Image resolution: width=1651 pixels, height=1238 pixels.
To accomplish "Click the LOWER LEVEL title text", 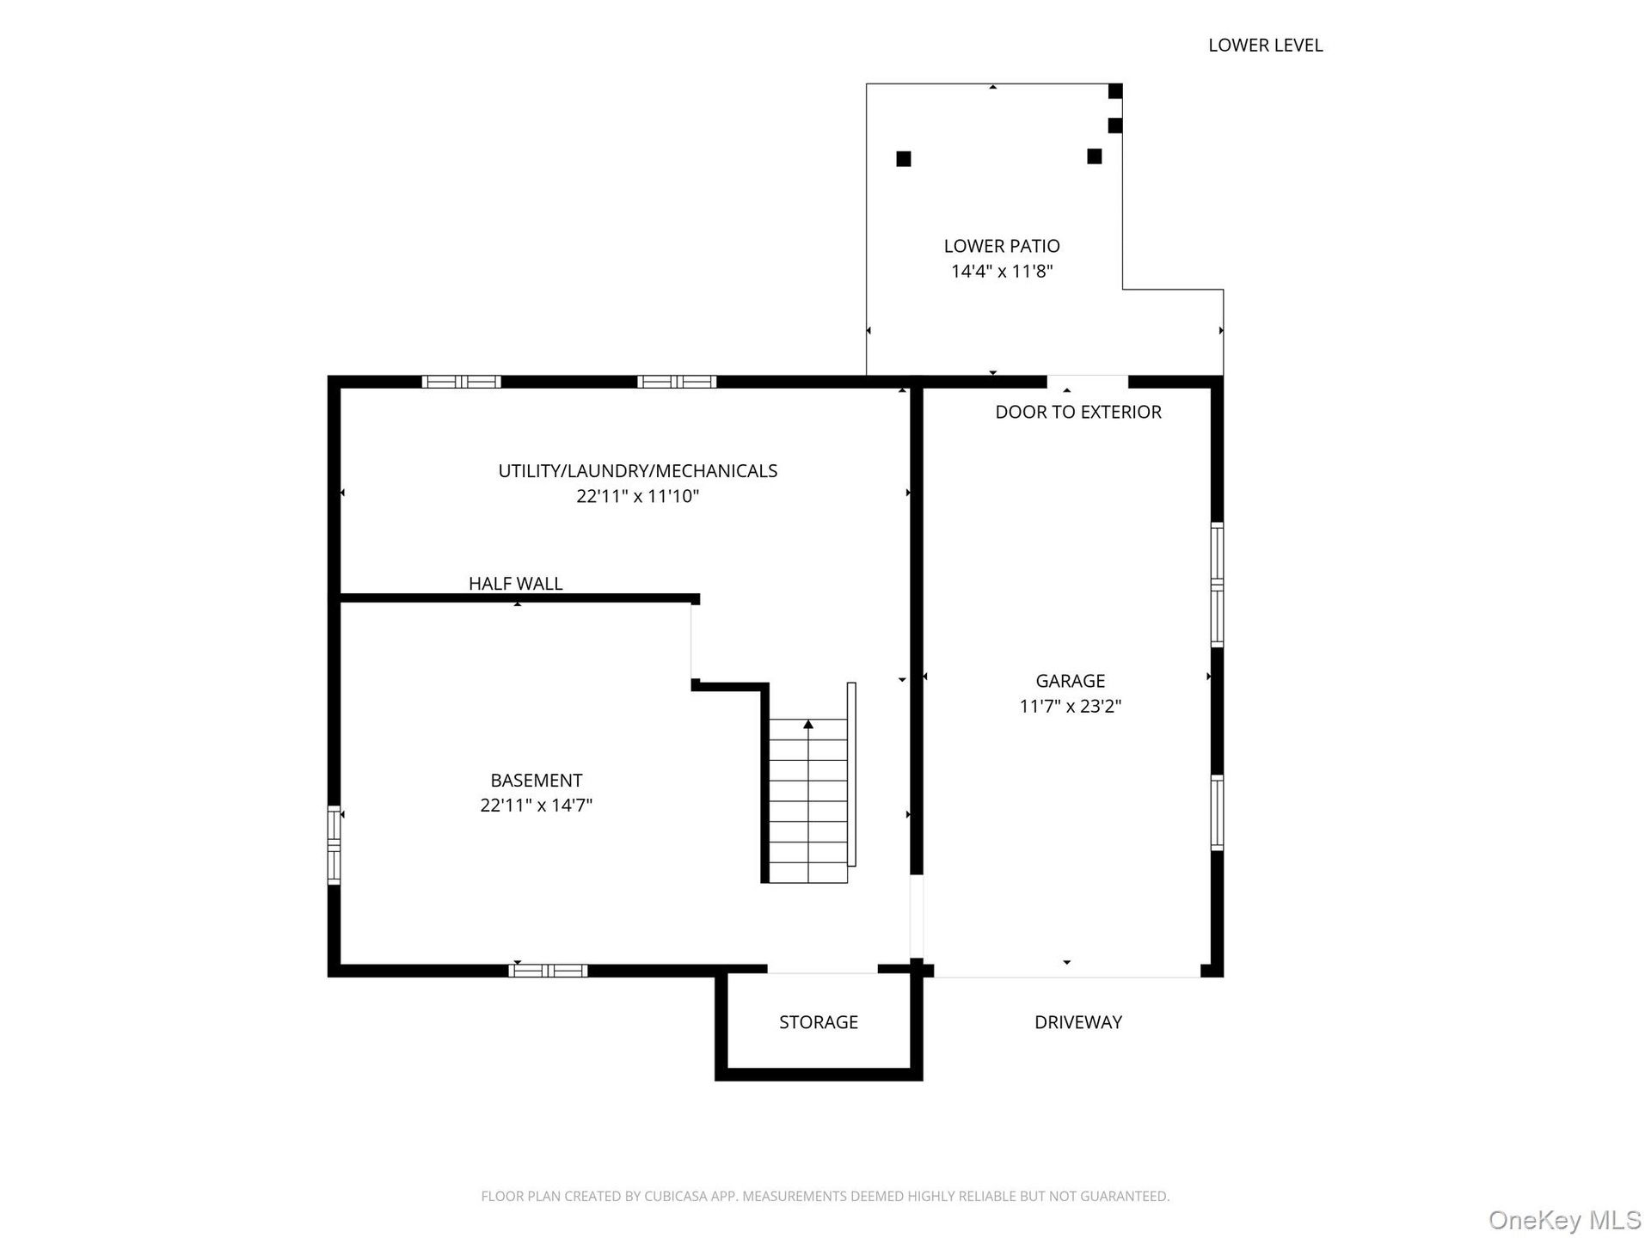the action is (x=1265, y=46).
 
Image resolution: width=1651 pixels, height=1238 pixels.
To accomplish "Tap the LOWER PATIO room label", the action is (x=1002, y=247).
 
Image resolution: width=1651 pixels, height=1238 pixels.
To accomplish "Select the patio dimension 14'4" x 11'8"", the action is (x=1002, y=272).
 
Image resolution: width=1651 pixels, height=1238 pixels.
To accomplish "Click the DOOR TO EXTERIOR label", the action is (x=1078, y=412).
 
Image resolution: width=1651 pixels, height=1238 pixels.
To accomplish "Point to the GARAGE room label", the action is (x=1071, y=681).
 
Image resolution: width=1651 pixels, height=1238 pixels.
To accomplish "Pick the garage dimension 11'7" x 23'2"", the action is (x=1071, y=707).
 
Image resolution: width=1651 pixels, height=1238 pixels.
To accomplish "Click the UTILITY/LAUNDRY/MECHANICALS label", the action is (x=638, y=471).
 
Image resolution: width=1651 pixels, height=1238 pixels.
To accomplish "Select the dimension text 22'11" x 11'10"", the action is (x=638, y=496).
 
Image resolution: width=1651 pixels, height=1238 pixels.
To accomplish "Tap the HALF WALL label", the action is (x=516, y=584).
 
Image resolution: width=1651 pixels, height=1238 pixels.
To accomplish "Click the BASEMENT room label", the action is (x=537, y=781).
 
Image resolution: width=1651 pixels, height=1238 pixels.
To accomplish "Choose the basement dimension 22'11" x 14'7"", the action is (x=537, y=806).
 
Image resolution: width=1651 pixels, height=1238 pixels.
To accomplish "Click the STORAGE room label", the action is (x=819, y=1022).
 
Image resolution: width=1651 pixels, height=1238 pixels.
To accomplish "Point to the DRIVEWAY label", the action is (x=1078, y=1022).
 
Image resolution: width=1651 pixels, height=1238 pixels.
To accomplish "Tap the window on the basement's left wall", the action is (x=334, y=845).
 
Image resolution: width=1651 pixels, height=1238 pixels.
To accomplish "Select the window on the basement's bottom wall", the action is (x=548, y=971).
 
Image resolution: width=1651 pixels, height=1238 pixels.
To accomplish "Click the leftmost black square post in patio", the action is (x=904, y=159).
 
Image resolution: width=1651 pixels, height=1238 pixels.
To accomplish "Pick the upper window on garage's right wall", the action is (x=1218, y=584).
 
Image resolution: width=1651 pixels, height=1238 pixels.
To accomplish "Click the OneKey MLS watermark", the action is (x=1564, y=1220).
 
